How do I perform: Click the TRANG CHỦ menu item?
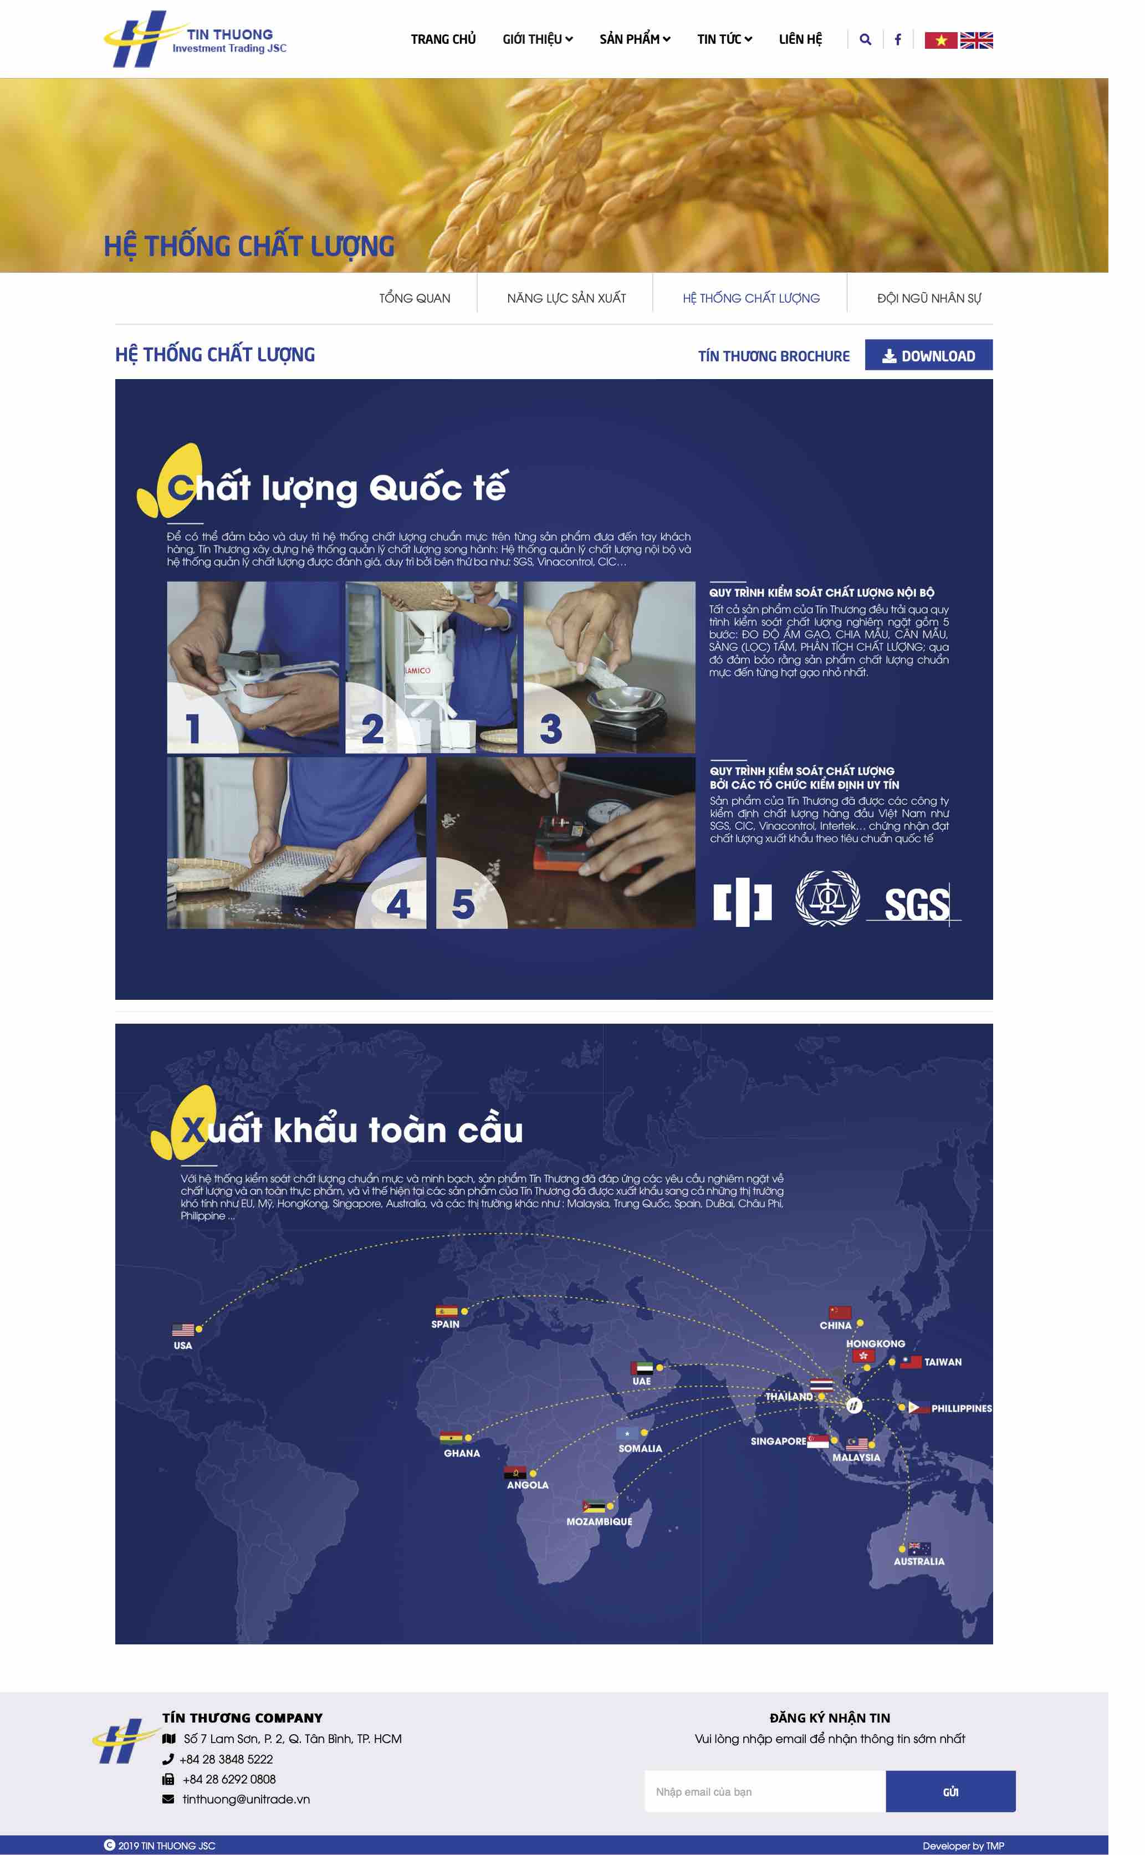click(x=443, y=39)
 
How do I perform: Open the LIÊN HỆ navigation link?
click(x=800, y=39)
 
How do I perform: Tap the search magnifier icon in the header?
click(x=865, y=39)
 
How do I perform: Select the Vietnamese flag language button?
click(x=940, y=40)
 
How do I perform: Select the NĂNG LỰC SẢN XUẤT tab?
click(x=566, y=298)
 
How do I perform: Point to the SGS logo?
click(x=916, y=904)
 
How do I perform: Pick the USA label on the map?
click(x=182, y=1346)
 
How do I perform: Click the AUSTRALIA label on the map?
click(x=918, y=1561)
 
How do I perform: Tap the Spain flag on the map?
click(x=446, y=1311)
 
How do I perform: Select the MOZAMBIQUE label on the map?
click(x=599, y=1522)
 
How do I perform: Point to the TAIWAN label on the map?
click(x=943, y=1362)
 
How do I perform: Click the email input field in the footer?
click(x=765, y=1791)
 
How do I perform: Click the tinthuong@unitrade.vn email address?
click(x=246, y=1799)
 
